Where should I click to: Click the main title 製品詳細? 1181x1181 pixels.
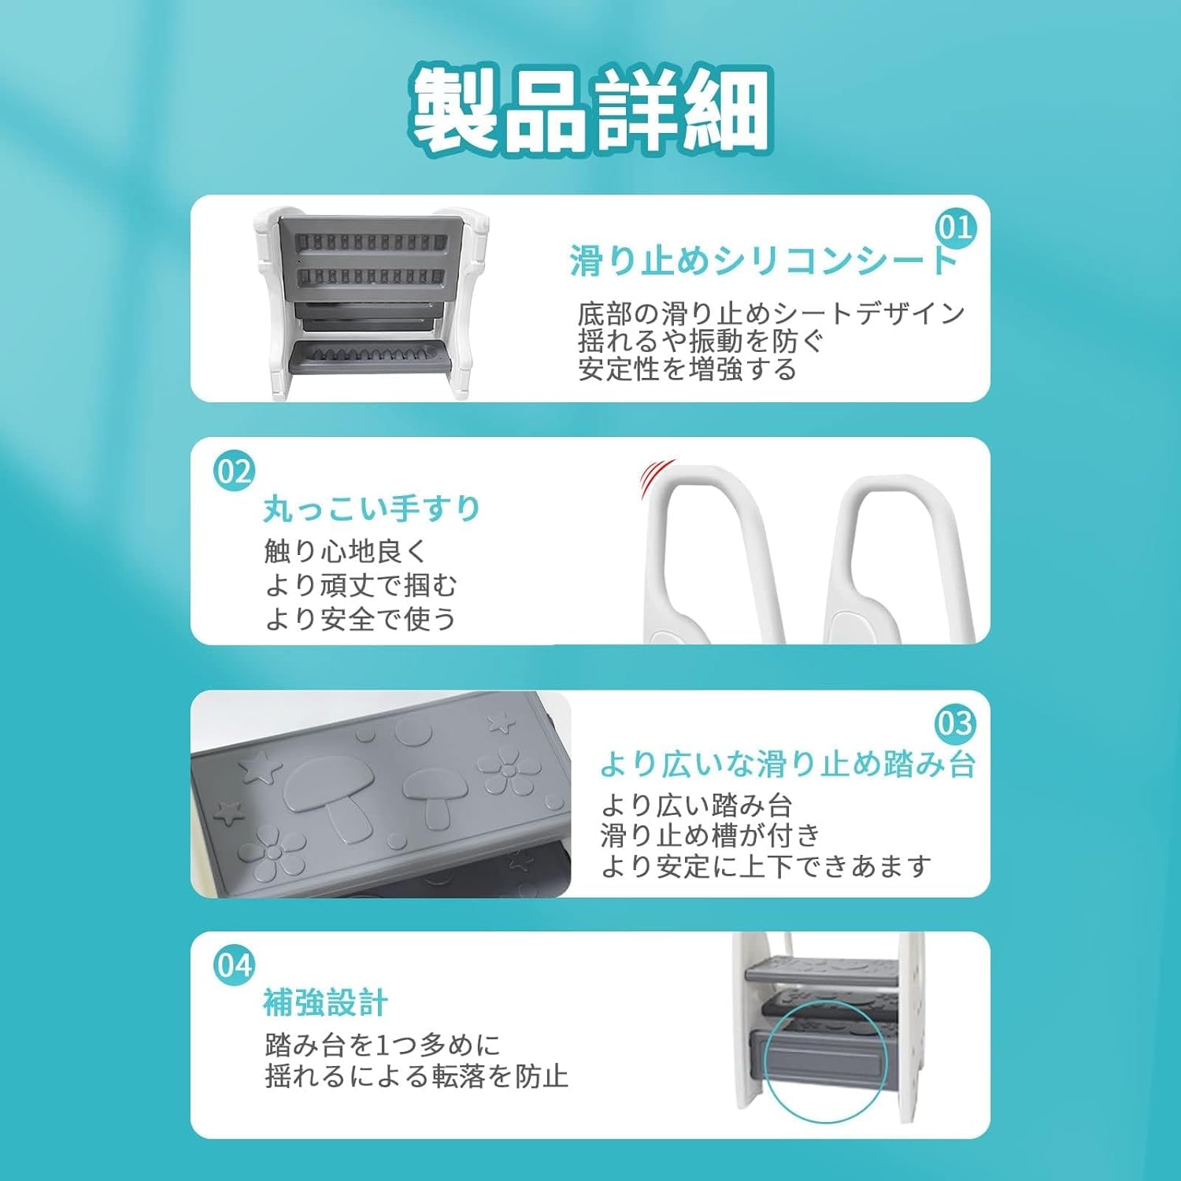coord(590,109)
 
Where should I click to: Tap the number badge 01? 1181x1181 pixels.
coord(955,228)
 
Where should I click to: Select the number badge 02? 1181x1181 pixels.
coord(234,472)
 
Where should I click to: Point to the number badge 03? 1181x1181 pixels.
coord(955,723)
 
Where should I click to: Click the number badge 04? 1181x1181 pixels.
coord(234,965)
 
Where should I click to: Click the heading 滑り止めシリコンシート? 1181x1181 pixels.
coord(763,261)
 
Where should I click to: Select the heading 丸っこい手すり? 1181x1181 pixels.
coord(372,509)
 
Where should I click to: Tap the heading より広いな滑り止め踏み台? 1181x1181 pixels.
coord(787,764)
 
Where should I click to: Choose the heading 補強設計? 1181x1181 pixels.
coord(325,1002)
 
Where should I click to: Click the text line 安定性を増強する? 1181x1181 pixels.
coord(687,369)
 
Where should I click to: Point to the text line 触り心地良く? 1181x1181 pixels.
coord(345,551)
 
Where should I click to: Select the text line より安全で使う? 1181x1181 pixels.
coord(361,619)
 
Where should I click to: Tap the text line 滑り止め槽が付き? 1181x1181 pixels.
coord(710,835)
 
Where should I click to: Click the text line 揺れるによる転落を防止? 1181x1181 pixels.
coord(416,1076)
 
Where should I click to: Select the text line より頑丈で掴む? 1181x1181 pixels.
coord(361,585)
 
